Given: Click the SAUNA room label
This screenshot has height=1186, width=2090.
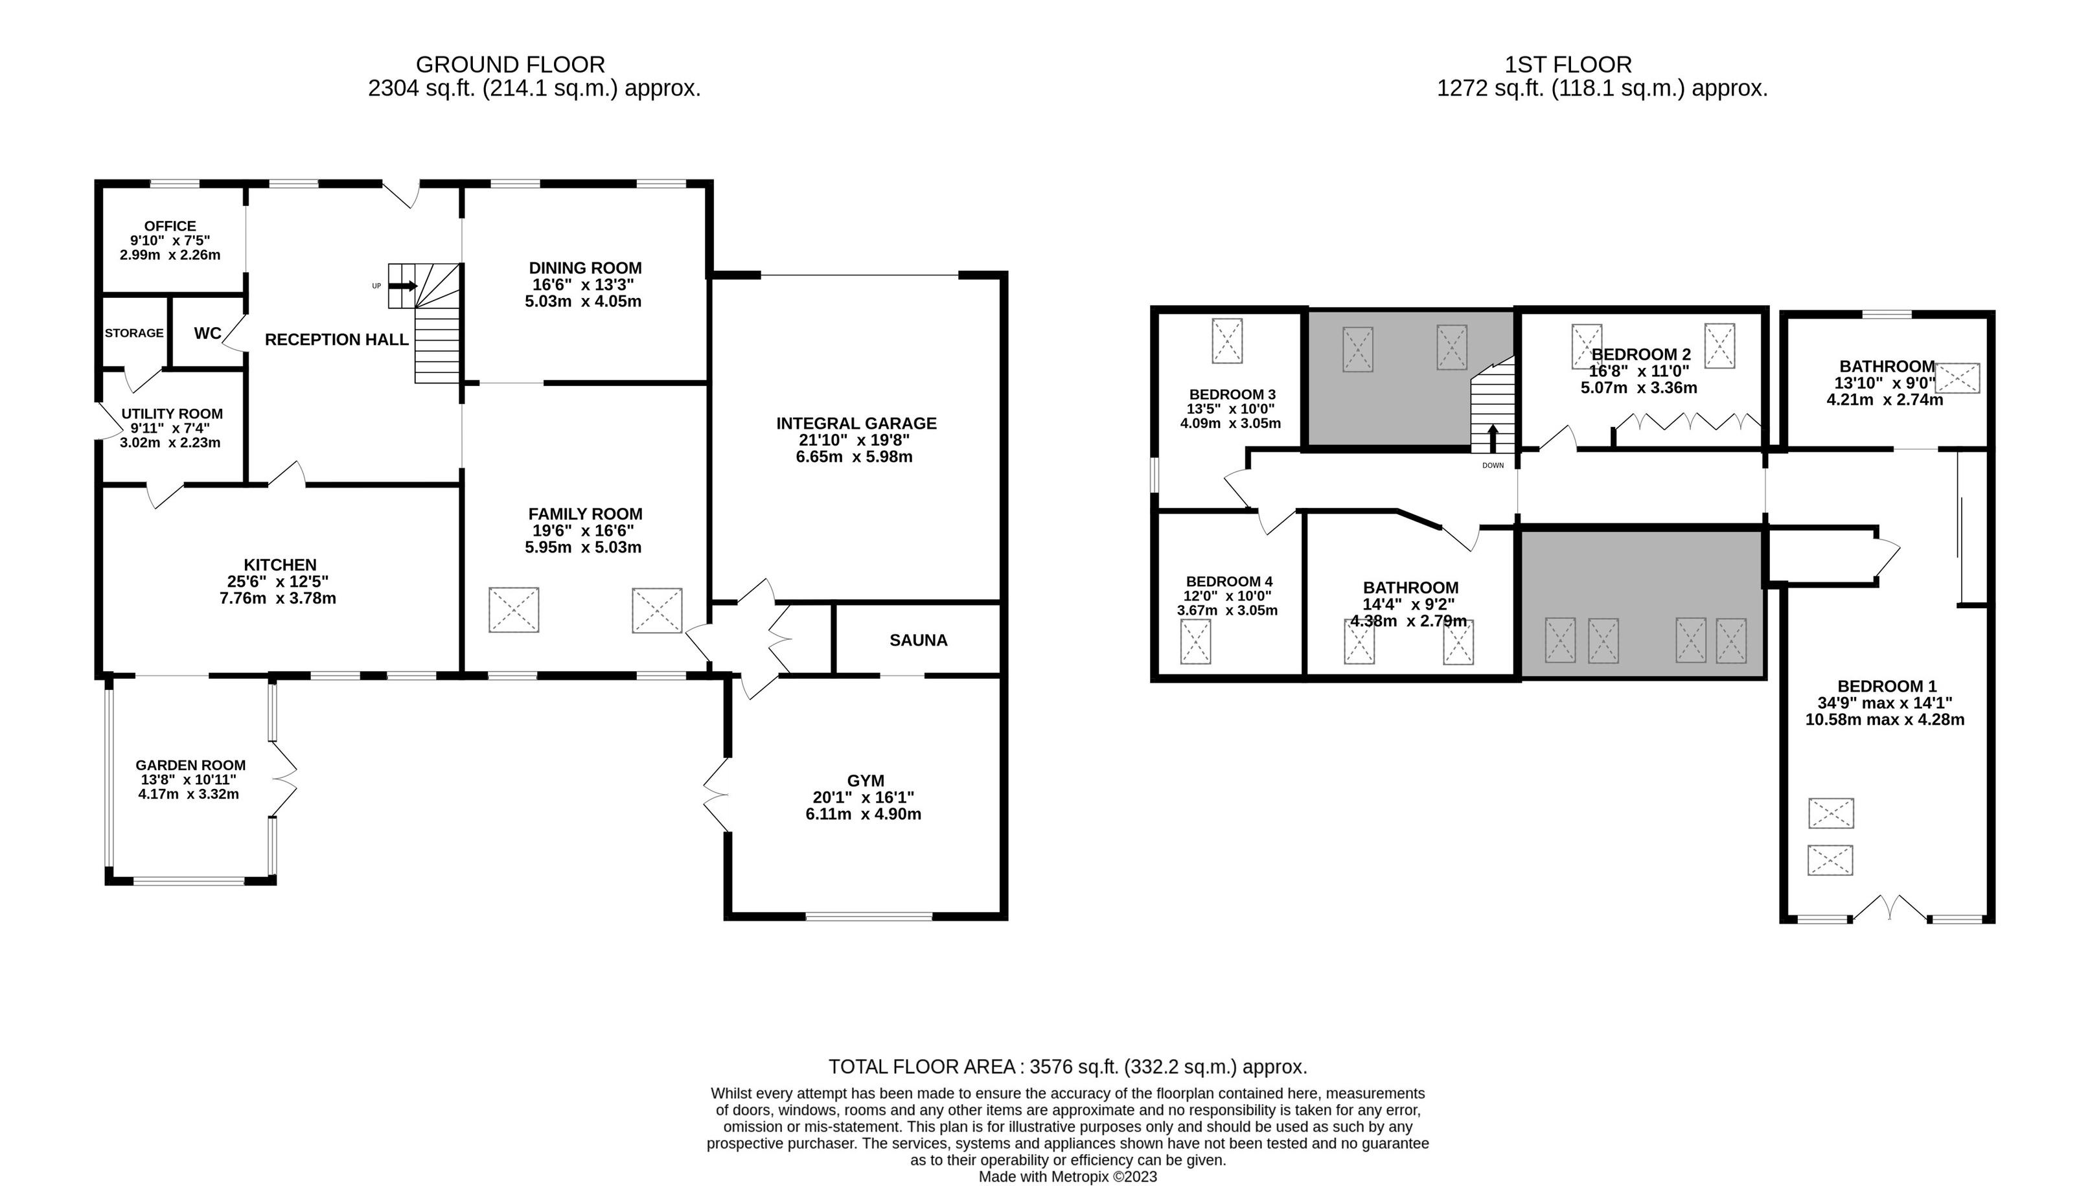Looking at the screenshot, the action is (x=918, y=640).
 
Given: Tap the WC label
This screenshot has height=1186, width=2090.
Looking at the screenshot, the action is (x=208, y=333).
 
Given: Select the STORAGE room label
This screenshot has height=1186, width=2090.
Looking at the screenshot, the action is (x=134, y=333).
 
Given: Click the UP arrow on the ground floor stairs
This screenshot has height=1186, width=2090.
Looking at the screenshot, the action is (x=403, y=286).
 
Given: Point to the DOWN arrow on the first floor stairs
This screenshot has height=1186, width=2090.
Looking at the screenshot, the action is (x=1492, y=439).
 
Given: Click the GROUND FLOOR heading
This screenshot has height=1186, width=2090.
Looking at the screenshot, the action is (x=511, y=64).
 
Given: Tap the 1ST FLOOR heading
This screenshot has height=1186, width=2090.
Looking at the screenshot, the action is (x=1568, y=64).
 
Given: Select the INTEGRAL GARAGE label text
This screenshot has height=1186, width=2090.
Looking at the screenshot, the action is (x=856, y=424).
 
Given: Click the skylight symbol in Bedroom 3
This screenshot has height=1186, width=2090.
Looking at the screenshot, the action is (x=1228, y=341).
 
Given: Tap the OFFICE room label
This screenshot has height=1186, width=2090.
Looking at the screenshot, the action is (x=170, y=225).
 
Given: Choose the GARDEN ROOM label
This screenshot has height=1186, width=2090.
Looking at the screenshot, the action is (x=190, y=765).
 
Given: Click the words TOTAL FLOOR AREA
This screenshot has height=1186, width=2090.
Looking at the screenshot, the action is (x=922, y=1066).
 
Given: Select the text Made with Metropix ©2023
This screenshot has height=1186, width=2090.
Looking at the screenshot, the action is (x=1067, y=1176).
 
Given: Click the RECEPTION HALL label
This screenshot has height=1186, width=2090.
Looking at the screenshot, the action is (x=336, y=339).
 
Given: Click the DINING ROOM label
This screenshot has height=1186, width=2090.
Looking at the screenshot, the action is (x=586, y=268).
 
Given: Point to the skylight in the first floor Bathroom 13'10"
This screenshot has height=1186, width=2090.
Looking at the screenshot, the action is (x=1957, y=378).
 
